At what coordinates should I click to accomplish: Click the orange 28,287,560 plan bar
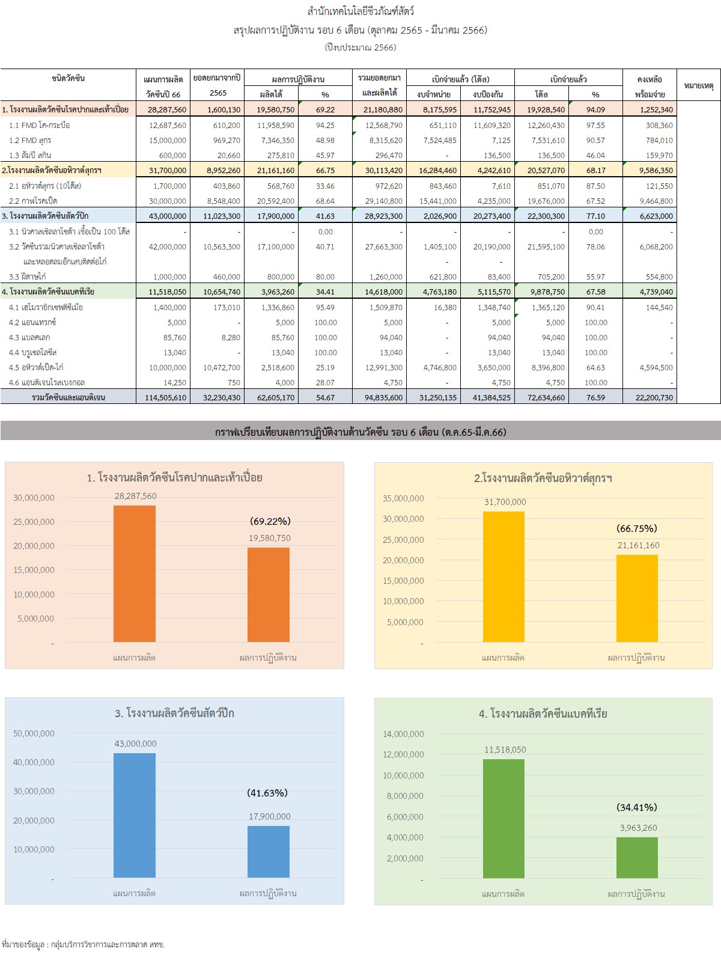[x=135, y=573]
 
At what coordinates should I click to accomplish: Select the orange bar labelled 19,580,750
[x=269, y=595]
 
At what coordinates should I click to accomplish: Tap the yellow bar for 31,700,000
[x=503, y=576]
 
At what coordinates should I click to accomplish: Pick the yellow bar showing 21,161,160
[x=637, y=598]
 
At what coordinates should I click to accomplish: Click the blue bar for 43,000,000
[x=135, y=815]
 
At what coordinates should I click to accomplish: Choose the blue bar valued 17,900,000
[x=269, y=851]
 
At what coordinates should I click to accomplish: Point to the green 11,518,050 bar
[x=503, y=818]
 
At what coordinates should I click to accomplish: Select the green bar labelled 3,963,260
[x=637, y=857]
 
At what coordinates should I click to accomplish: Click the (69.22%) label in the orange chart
[x=270, y=521]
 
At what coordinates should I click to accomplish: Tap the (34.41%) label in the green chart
[x=637, y=807]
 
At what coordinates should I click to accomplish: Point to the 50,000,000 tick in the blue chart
[x=34, y=733]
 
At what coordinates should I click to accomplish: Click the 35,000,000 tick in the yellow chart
[x=403, y=498]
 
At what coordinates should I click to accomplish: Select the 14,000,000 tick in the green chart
[x=403, y=734]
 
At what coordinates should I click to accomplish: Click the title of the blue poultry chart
[x=174, y=714]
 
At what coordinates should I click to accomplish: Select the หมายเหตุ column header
[x=699, y=86]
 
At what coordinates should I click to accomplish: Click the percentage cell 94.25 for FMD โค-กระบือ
[x=325, y=125]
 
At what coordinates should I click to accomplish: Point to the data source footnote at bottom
[x=84, y=944]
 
